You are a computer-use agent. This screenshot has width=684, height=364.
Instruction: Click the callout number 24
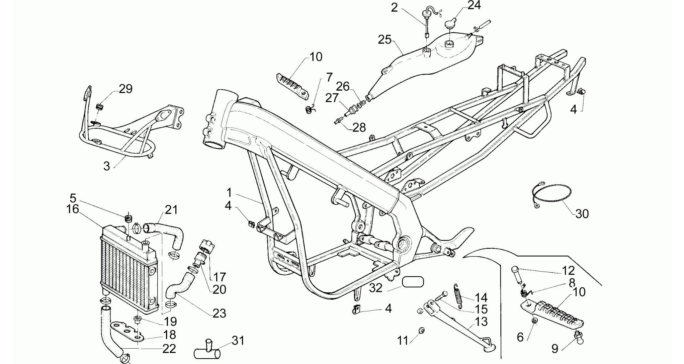pos(474,5)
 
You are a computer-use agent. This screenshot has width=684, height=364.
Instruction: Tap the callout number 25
pos(385,40)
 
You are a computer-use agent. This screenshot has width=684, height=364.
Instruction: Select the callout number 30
pos(582,214)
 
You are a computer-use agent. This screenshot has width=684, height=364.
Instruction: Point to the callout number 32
pos(376,288)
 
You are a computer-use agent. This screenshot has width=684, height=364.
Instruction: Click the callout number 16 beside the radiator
pos(73,209)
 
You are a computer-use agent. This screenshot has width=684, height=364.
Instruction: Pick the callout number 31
pos(238,341)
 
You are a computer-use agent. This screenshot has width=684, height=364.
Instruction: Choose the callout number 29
pos(126,89)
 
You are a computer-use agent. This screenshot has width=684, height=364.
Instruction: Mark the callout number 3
pos(106,166)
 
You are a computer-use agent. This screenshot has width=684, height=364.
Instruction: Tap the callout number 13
pos(481,322)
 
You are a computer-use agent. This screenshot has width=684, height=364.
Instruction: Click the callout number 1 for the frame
pos(229,193)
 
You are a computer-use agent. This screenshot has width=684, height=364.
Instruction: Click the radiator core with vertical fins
pos(129,268)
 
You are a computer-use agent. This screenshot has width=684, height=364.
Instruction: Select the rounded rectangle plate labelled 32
pos(413,282)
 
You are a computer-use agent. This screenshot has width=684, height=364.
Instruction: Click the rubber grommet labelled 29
pos(99,107)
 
